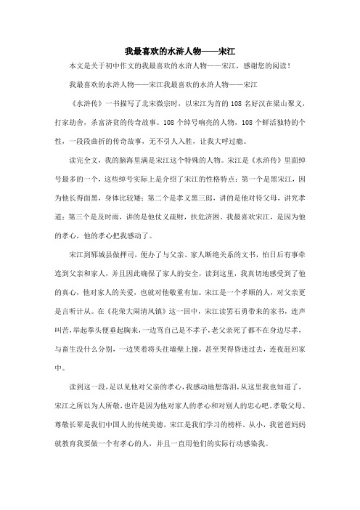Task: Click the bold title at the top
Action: tap(180, 52)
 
